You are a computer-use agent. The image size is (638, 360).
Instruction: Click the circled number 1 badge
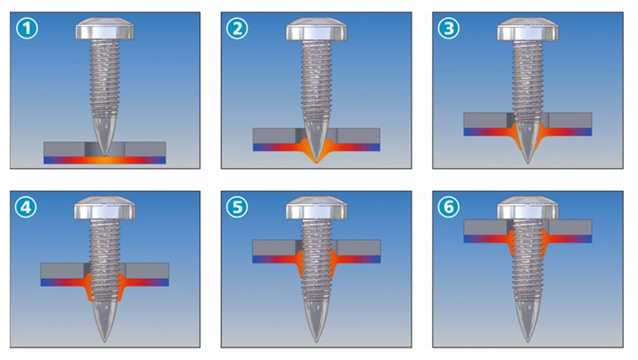27,29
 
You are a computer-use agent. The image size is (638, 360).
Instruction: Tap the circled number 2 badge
237,29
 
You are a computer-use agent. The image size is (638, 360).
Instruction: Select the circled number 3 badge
448,29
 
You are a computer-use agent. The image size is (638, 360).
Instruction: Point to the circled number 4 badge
26,207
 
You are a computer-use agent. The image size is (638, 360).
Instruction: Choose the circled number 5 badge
237,207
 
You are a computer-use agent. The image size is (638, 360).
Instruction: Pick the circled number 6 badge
448,207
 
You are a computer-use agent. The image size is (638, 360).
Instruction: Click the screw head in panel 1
105,29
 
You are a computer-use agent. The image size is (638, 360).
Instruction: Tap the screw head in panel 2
316,29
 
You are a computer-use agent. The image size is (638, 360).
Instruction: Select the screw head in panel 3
528,29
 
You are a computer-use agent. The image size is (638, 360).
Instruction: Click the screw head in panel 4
105,208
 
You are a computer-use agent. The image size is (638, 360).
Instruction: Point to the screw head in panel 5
316,208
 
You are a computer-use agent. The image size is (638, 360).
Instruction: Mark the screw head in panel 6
528,208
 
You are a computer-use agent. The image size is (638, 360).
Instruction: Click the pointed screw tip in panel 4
105,342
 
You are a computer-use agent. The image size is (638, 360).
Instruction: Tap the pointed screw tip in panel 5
316,342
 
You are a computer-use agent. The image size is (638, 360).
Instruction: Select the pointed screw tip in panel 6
528,342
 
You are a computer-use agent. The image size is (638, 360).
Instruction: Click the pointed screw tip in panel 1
105,155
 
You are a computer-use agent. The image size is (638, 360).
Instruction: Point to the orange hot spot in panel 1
105,161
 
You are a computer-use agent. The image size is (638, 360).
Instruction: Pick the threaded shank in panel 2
316,80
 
